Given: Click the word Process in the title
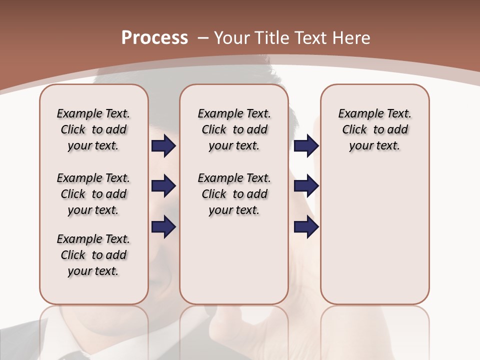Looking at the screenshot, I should [154, 38].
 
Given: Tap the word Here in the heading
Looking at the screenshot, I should [351, 38].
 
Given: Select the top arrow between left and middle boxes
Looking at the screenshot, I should [163, 146].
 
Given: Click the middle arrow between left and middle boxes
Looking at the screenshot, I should [163, 186].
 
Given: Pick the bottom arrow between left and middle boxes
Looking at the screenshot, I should [163, 226].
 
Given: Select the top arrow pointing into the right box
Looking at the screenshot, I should [306, 146].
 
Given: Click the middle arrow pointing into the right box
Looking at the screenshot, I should [306, 186].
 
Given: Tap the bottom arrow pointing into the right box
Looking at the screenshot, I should [306, 226].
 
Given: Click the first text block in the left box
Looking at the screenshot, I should [93, 129].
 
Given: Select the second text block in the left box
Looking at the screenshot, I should [93, 194].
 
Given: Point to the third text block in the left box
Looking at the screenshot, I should [93, 255].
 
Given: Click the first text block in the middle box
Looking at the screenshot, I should [234, 129].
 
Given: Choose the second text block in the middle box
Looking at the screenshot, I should [234, 194].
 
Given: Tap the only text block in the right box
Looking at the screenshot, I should [374, 129].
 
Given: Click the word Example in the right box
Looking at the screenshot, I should [356, 114].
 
